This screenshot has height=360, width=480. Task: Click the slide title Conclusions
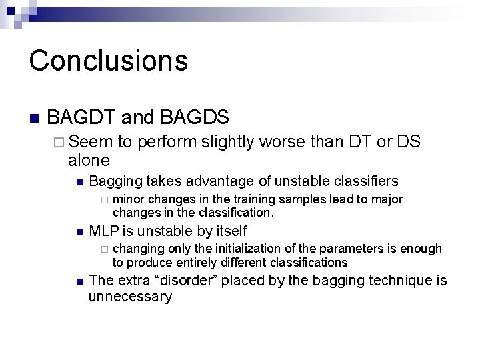(x=108, y=60)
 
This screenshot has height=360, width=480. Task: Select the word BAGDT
(x=79, y=117)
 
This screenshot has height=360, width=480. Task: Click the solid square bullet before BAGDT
(x=35, y=119)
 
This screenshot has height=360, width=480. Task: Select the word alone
(x=89, y=160)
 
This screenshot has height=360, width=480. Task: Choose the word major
(x=387, y=199)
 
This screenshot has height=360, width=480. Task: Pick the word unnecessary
(x=130, y=297)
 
